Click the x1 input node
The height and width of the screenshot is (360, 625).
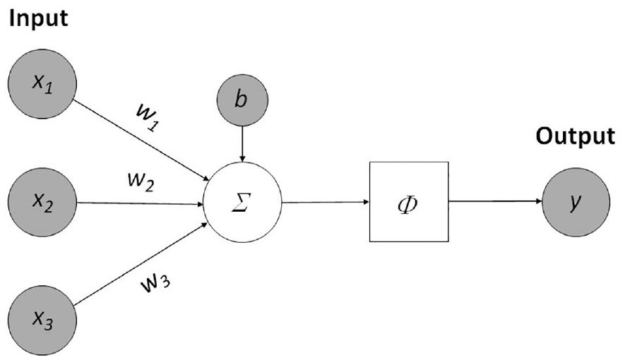[x=42, y=83]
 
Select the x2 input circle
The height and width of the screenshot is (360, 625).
[x=42, y=203]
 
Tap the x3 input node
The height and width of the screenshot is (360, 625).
[x=42, y=320]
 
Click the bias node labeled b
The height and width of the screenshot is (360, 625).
[x=242, y=100]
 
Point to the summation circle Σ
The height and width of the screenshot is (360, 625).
[x=242, y=203]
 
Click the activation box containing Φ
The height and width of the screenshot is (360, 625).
[x=409, y=201]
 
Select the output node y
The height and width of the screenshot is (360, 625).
[x=576, y=202]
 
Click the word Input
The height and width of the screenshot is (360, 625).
[x=38, y=18]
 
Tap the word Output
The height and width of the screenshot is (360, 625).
[x=575, y=137]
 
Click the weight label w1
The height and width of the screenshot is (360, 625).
[x=148, y=117]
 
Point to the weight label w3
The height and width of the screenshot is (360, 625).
[x=155, y=283]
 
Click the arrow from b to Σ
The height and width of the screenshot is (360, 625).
[x=242, y=144]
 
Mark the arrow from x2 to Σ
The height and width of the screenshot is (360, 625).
[x=140, y=203]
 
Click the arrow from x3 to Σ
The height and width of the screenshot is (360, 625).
[x=141, y=264]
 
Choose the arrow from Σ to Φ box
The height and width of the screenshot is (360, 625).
[x=326, y=203]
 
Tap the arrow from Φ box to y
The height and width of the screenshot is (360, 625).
[x=496, y=201]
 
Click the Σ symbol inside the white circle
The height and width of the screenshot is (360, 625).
[x=242, y=203]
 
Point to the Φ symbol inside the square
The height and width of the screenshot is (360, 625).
[x=408, y=205]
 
